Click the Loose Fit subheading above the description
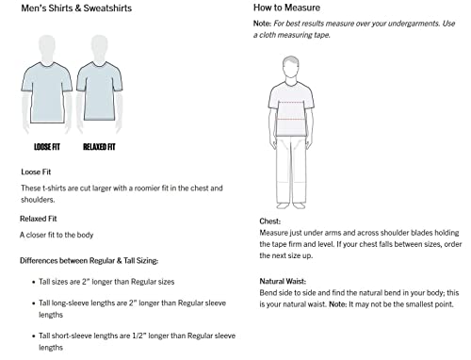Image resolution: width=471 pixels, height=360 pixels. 37,172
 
